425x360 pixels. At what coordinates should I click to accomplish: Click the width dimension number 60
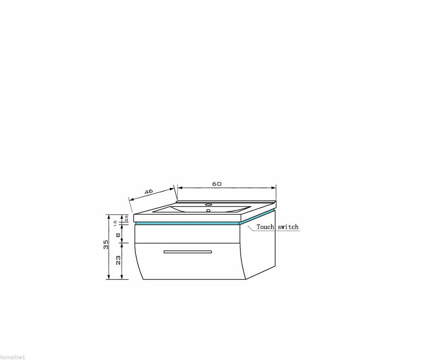217,184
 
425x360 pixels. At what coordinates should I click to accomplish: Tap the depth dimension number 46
149,191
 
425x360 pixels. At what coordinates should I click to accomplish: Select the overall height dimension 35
106,244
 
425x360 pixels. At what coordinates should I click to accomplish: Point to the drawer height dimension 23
118,260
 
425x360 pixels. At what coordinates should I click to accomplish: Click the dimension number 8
118,235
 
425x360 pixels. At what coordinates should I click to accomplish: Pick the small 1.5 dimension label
115,223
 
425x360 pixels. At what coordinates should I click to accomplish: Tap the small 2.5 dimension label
127,218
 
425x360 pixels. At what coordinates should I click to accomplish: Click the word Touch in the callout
265,227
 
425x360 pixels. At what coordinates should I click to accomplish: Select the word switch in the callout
288,227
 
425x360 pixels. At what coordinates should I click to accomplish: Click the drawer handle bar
188,252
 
